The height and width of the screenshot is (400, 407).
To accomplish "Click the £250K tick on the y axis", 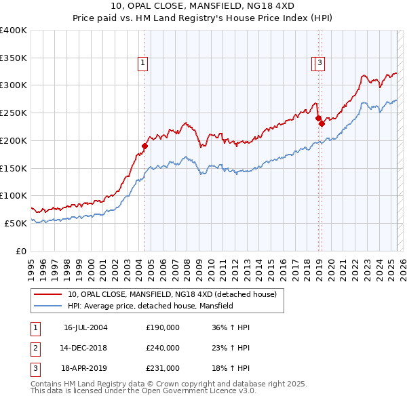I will (14, 113).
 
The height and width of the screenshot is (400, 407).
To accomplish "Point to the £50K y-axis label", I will (16, 223).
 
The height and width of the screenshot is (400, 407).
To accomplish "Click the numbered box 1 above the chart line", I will (144, 64).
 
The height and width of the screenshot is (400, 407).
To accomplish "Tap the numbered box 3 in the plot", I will (319, 64).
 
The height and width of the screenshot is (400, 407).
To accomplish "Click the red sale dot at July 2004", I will (144, 146).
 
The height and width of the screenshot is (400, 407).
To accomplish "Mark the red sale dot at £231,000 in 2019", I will (322, 123).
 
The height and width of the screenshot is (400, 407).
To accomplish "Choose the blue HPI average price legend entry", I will (150, 306).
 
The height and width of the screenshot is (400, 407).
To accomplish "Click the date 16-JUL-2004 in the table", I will (85, 327).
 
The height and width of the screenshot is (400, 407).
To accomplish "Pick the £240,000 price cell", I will (163, 348).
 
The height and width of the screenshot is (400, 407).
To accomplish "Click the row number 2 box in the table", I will (35, 348).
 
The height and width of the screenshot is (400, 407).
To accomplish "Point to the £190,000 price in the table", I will (163, 327).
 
